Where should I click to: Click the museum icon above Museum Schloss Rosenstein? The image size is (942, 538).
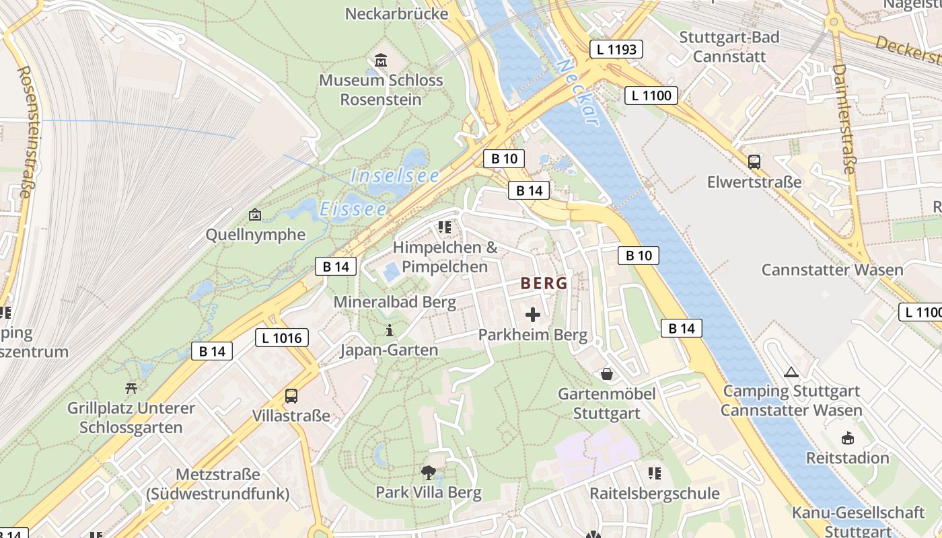tap(381, 60)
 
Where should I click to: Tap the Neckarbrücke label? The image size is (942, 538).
tap(396, 13)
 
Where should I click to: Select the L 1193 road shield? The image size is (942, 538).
tap(616, 49)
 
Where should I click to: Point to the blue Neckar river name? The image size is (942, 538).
tap(578, 93)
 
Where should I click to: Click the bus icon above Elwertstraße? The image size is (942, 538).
tap(754, 161)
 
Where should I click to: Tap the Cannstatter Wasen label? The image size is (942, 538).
tap(832, 270)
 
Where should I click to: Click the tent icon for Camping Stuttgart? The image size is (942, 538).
tap(791, 371)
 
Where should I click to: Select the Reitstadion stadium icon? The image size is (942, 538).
tap(847, 438)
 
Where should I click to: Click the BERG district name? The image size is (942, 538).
tap(544, 283)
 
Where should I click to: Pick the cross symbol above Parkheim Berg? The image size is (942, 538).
tap(533, 314)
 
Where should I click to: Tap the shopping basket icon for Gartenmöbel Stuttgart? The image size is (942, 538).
tap(607, 373)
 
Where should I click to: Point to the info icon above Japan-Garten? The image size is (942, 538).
tap(389, 330)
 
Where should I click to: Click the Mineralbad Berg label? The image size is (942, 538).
tap(395, 302)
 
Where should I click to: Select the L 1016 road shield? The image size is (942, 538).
tap(282, 338)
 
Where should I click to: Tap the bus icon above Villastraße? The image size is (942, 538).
tap(291, 395)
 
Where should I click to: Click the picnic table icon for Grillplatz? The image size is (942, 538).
tap(131, 387)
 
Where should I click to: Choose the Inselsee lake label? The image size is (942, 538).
tap(395, 176)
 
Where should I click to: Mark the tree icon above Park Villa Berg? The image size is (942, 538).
tap(428, 472)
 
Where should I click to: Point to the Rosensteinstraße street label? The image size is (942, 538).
tap(24, 131)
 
